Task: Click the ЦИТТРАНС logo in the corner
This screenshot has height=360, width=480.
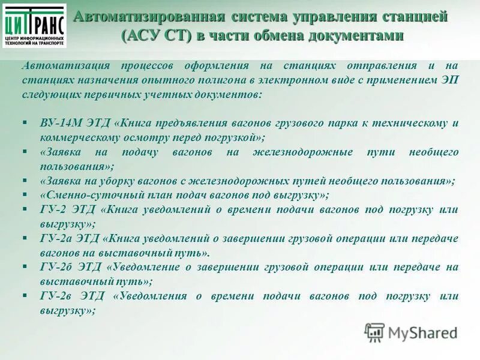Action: pos(35,25)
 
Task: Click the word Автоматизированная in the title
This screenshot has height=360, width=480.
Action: pos(142,16)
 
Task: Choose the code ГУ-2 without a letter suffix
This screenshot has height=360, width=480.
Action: pos(53,209)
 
